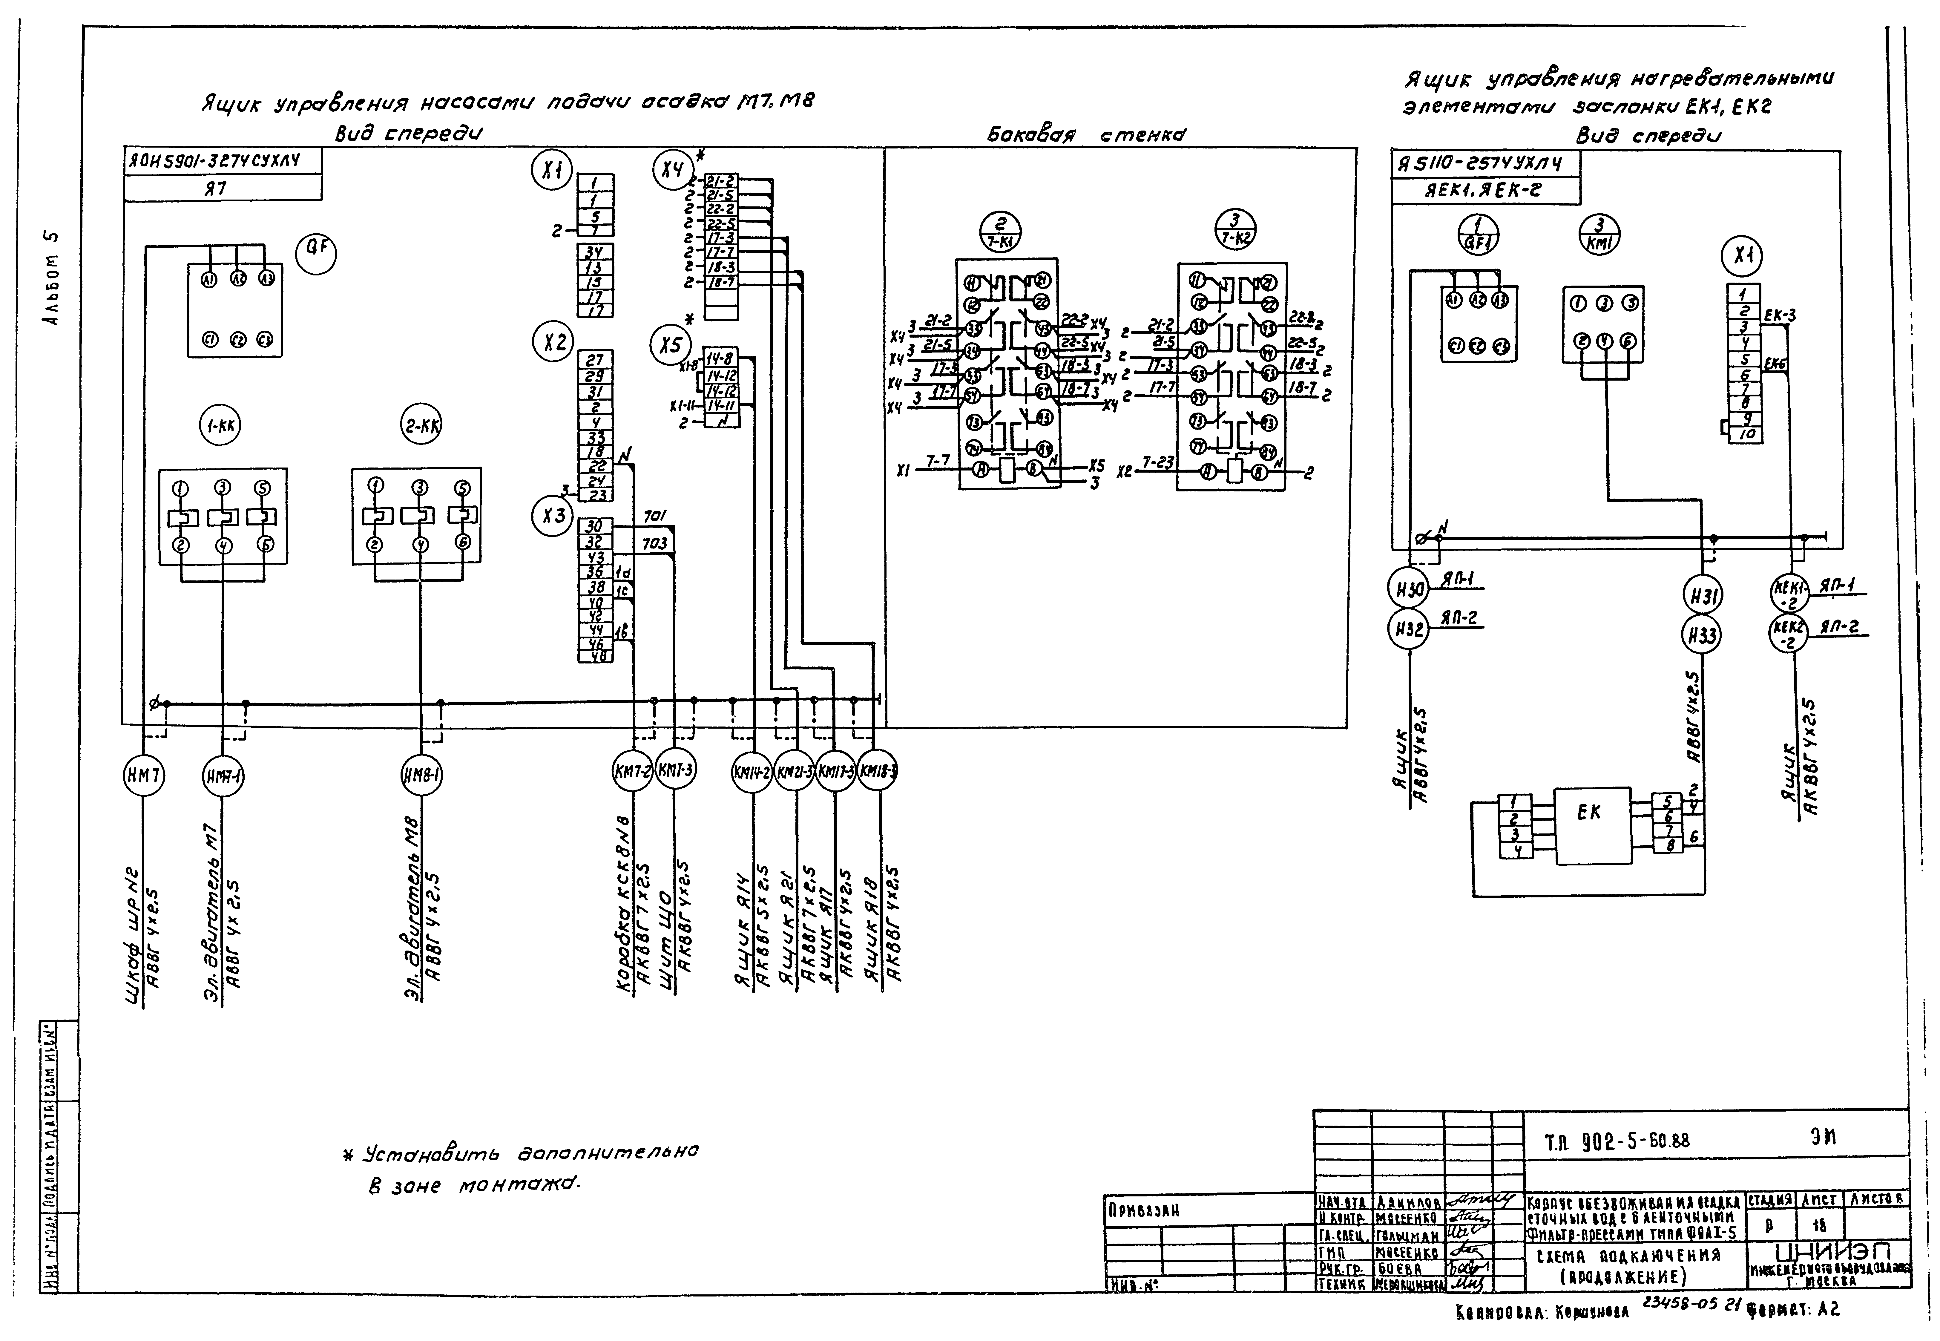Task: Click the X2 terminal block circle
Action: coord(553,342)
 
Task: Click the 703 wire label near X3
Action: coord(654,544)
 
